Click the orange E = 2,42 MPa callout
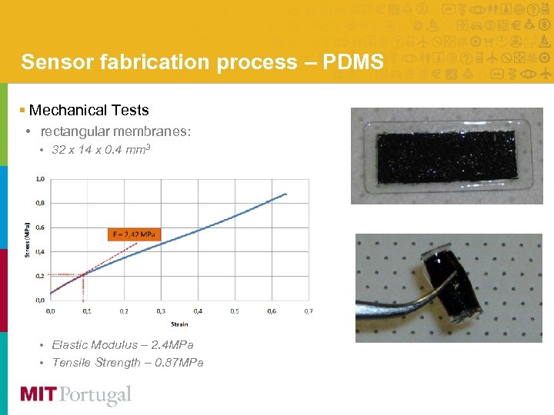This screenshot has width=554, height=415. (x=134, y=234)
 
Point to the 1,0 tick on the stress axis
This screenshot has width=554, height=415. (x=41, y=178)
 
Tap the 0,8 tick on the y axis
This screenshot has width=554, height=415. (x=41, y=203)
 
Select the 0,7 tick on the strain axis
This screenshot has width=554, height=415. (x=308, y=311)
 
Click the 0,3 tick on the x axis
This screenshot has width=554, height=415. (x=160, y=311)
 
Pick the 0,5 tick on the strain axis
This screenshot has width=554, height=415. (x=234, y=311)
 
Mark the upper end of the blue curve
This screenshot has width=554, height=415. (x=286, y=194)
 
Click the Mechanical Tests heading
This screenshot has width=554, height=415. (x=88, y=111)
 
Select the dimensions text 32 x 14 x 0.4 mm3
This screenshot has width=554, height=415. (x=101, y=149)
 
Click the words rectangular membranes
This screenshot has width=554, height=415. (x=115, y=131)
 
